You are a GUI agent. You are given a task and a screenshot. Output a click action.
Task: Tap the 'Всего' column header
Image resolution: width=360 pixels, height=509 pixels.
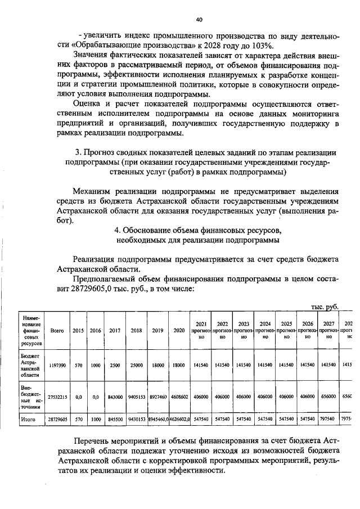point(57,331)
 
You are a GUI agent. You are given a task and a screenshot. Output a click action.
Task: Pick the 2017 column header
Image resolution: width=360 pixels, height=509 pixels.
point(115,331)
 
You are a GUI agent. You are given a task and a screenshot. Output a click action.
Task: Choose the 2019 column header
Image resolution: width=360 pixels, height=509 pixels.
point(157,331)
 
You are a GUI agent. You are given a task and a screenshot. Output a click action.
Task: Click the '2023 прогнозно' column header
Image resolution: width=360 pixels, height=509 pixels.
point(244,331)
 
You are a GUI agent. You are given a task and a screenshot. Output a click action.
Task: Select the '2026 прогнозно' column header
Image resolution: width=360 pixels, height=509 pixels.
point(308,331)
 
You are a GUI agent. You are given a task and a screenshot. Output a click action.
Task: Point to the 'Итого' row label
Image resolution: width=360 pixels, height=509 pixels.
point(29,420)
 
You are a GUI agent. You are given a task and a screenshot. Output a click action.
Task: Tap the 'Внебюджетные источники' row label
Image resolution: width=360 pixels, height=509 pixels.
point(31,397)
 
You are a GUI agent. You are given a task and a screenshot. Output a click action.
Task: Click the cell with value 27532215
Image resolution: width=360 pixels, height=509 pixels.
point(57,397)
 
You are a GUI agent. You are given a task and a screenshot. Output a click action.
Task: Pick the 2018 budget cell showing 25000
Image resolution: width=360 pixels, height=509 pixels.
point(136,365)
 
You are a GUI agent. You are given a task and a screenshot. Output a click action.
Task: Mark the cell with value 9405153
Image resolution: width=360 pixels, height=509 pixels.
point(136,397)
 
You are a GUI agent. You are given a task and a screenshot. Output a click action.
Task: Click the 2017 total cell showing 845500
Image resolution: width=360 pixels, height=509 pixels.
point(115,420)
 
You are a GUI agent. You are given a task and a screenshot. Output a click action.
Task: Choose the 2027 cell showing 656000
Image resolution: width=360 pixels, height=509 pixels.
point(329,397)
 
